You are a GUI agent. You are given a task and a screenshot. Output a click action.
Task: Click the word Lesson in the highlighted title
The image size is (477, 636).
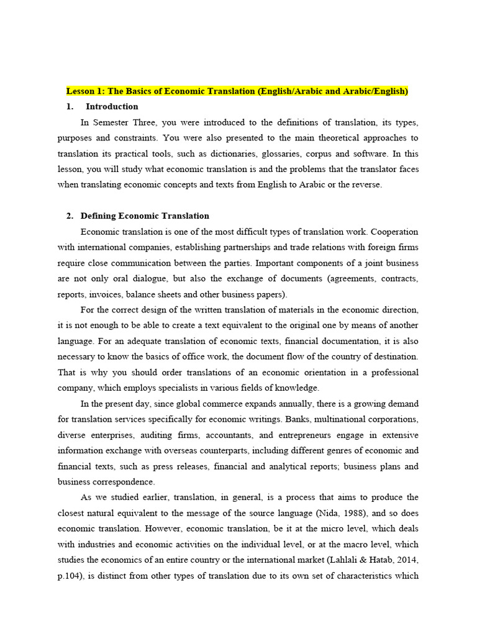pos(81,91)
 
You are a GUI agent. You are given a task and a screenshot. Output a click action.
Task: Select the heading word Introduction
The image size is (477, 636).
pos(112,107)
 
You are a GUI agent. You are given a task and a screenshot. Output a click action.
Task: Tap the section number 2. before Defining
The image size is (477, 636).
pos(70,216)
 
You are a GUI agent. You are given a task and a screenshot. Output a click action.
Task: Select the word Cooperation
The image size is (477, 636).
pos(395,232)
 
